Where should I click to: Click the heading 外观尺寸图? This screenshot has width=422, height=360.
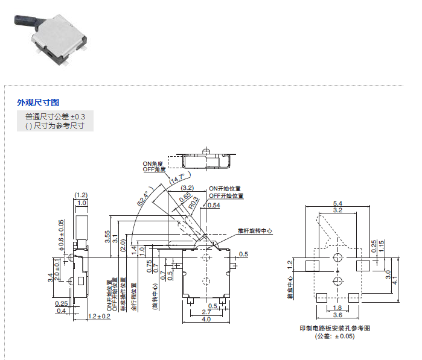38,103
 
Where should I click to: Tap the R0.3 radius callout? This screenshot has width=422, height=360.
193,206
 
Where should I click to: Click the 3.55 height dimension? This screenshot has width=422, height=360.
107,237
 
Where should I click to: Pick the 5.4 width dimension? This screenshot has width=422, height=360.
337,203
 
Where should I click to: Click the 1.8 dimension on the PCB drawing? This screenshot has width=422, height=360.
337,308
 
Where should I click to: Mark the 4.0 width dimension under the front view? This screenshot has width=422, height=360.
206,320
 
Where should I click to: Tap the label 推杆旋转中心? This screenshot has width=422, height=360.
255,231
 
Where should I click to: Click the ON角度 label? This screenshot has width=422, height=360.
153,163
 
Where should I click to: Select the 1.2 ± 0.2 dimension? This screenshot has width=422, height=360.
100,316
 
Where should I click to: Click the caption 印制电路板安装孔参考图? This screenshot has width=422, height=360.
334,328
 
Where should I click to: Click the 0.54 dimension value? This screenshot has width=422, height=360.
213,206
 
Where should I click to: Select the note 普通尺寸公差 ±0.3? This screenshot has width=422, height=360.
55,116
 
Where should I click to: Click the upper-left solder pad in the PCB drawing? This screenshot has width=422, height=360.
312,266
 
